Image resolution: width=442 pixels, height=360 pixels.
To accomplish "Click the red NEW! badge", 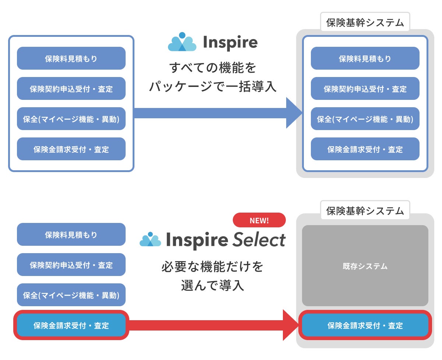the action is pyautogui.click(x=259, y=220).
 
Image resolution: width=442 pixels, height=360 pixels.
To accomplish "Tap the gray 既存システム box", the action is pyautogui.click(x=365, y=266).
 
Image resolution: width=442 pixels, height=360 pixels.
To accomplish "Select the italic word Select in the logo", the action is pyautogui.click(x=259, y=240).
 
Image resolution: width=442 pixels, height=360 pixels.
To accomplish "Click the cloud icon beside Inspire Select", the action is pyautogui.click(x=150, y=239).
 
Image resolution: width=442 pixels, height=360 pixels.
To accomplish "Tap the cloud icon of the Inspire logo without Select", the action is pyautogui.click(x=182, y=42).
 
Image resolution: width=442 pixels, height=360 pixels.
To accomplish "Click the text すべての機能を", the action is pyautogui.click(x=213, y=67).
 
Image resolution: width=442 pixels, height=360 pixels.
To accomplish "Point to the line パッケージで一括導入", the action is pyautogui.click(x=213, y=86).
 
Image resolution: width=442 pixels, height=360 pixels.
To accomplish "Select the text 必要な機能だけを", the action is pyautogui.click(x=213, y=266).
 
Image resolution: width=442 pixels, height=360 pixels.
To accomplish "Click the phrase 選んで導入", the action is pyautogui.click(x=213, y=285).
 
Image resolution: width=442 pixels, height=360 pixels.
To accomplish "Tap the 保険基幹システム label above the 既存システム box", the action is pyautogui.click(x=365, y=211).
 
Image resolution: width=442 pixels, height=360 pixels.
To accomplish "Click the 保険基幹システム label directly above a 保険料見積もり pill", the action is pyautogui.click(x=365, y=22).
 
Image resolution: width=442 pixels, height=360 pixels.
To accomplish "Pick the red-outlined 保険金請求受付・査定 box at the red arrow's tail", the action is pyautogui.click(x=71, y=325).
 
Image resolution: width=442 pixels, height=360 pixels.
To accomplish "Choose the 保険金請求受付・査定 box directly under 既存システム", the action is pyautogui.click(x=365, y=325).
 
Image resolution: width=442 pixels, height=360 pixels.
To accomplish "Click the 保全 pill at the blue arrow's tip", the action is pyautogui.click(x=365, y=119).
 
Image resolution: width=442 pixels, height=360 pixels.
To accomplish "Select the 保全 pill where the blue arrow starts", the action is pyautogui.click(x=71, y=119).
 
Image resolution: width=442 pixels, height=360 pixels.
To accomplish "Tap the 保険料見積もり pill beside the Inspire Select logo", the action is pyautogui.click(x=71, y=234).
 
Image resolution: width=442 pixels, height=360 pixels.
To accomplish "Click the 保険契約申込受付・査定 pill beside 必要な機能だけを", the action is pyautogui.click(x=71, y=265).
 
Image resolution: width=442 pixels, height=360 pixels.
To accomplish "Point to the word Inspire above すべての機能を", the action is pyautogui.click(x=230, y=42).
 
